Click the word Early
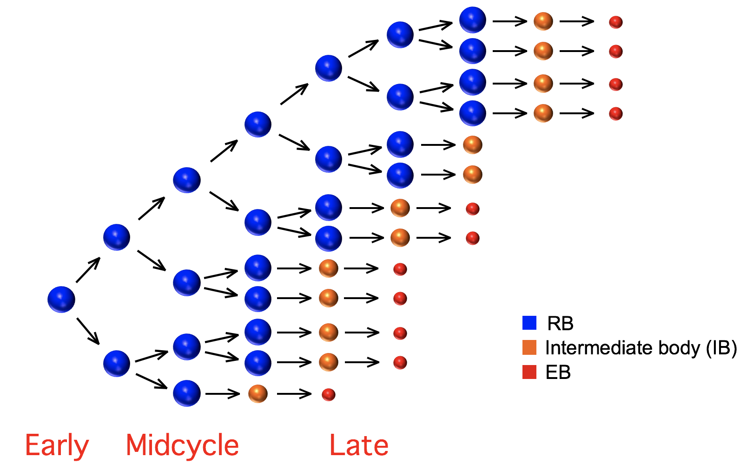57,446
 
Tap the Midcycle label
182,445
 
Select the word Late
359,445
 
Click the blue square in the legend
529,323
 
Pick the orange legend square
529,347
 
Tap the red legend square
529,372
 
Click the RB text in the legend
560,323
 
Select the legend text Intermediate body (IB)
641,348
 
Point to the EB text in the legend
558,372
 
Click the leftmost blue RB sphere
61,300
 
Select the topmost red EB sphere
616,22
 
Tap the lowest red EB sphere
329,394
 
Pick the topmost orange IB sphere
543,21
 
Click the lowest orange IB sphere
258,394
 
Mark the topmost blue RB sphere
473,20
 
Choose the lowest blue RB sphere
186,393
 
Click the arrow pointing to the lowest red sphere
294,394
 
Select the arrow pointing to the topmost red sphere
577,21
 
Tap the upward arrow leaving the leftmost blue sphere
88,270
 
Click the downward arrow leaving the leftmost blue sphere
88,331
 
